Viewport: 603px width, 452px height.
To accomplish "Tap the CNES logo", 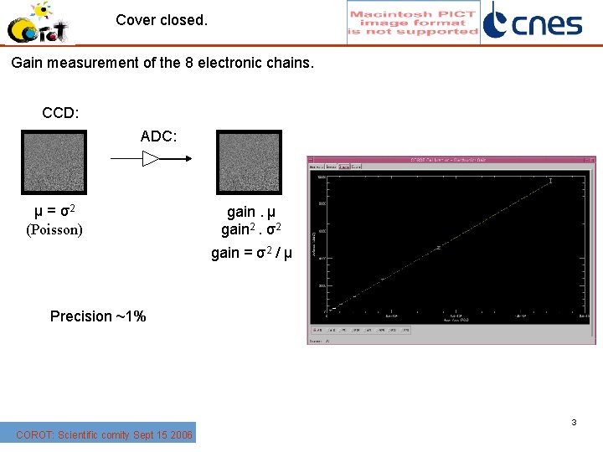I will (533, 22).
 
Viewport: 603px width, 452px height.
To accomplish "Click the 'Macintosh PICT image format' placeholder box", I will (413, 23).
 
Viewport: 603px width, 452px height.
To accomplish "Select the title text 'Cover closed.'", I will (162, 19).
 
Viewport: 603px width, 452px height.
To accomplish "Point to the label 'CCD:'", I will (60, 113).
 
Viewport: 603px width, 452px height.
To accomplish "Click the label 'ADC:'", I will (158, 136).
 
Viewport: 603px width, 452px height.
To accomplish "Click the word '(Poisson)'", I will (54, 229).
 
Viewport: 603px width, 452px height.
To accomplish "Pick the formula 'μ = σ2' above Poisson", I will (56, 210).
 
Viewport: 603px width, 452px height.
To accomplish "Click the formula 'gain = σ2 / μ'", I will (251, 252).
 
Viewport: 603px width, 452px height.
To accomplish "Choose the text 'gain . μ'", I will (251, 213).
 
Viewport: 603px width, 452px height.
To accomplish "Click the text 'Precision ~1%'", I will (98, 316).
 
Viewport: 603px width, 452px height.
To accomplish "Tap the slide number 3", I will (574, 423).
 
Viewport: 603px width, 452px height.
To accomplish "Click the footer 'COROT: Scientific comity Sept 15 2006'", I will (104, 434).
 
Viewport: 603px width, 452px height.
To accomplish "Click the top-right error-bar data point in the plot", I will (550, 181).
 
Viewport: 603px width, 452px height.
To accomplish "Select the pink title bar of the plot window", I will (451, 159).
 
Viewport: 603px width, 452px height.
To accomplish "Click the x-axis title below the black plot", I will (456, 321).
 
